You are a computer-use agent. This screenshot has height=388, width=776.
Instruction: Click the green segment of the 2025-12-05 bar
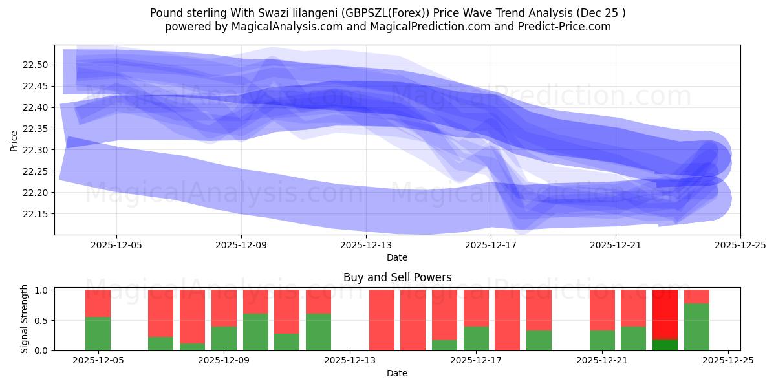tap(98, 334)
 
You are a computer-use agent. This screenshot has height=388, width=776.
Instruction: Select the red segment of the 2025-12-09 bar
tap(224, 308)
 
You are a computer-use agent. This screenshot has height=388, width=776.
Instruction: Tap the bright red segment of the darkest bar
tap(665, 314)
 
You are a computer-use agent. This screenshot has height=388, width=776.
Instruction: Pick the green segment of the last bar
tap(696, 327)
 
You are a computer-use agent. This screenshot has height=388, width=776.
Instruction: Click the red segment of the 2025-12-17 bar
tap(476, 308)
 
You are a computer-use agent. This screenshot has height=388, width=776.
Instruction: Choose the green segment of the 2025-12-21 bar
tap(602, 340)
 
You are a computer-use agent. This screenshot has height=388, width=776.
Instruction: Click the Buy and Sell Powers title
tap(397, 278)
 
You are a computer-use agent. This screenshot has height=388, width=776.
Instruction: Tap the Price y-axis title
tap(14, 140)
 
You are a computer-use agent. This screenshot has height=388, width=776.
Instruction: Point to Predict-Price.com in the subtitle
tap(566, 27)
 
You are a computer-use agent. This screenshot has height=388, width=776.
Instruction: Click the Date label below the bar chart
tap(397, 373)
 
